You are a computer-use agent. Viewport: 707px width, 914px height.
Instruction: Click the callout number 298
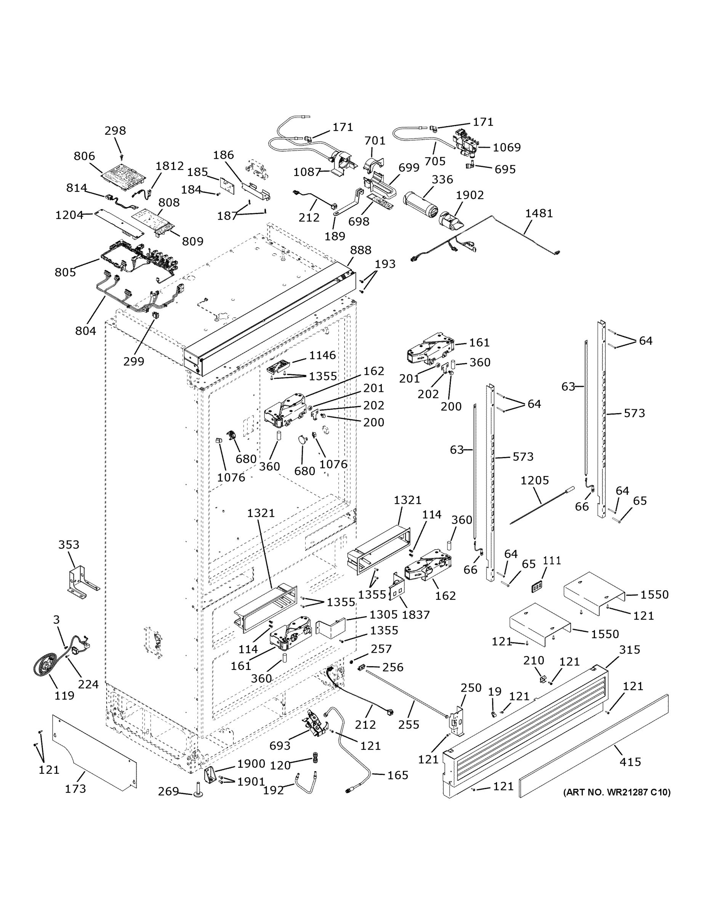click(115, 131)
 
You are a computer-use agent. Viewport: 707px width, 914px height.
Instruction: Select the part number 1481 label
click(539, 213)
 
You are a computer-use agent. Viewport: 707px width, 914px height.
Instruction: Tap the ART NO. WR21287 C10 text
click(617, 792)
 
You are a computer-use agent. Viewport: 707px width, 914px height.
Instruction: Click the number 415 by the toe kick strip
click(630, 762)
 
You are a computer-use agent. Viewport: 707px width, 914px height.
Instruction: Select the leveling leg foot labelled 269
click(197, 791)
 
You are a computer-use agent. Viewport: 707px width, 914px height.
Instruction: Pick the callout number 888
click(361, 250)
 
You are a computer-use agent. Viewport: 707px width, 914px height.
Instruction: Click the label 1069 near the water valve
click(507, 147)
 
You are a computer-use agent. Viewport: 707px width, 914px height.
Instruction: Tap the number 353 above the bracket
click(69, 545)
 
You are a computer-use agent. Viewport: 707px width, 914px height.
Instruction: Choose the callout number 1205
click(534, 481)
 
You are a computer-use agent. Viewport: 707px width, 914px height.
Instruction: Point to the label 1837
click(415, 615)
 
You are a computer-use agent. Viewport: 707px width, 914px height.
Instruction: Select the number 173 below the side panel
click(75, 788)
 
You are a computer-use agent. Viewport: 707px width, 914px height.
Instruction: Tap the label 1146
click(322, 355)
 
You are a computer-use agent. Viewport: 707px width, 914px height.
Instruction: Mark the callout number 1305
click(383, 614)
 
